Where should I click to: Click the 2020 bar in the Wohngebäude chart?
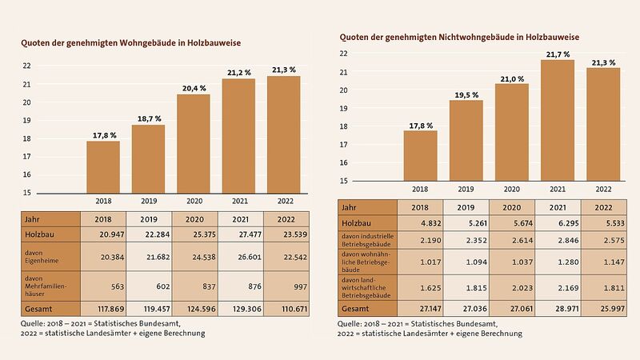click(x=193, y=143)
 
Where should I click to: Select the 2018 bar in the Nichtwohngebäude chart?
click(x=420, y=155)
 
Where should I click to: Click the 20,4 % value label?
click(x=193, y=86)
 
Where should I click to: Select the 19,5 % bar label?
click(x=466, y=94)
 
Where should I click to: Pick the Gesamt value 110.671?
click(x=283, y=309)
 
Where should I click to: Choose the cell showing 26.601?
click(x=238, y=257)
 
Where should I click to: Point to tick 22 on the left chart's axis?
click(x=26, y=66)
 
